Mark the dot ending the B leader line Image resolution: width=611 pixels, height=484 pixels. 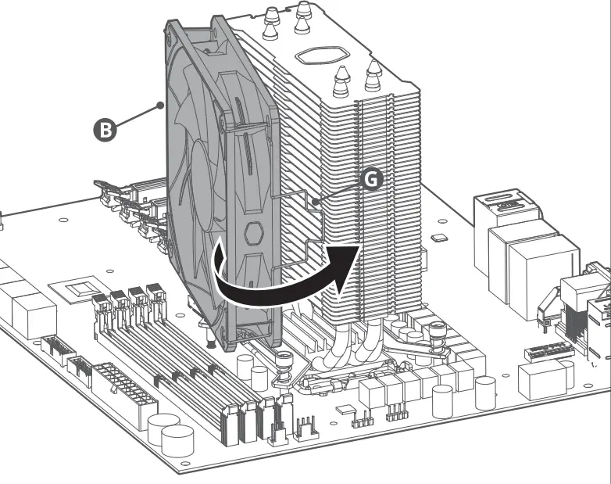pyautogui.click(x=160, y=103)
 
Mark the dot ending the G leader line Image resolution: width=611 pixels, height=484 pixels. pyautogui.click(x=316, y=204)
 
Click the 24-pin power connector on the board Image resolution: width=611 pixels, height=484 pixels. pyautogui.click(x=124, y=392)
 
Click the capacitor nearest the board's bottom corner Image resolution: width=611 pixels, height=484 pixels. pyautogui.click(x=178, y=441)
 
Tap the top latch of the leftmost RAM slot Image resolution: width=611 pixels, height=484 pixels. pyautogui.click(x=99, y=300)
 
